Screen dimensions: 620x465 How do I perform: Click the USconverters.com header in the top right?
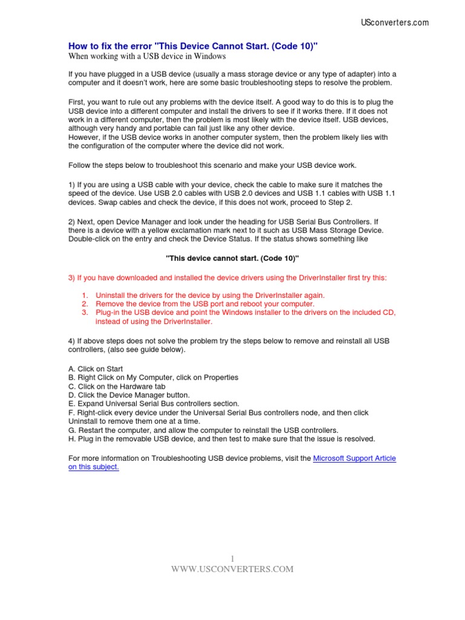[x=394, y=22]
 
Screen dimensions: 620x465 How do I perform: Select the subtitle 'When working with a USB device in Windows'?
[x=147, y=56]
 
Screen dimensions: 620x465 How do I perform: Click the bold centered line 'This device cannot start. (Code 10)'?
[x=232, y=258]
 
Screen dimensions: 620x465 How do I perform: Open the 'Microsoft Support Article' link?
[x=354, y=458]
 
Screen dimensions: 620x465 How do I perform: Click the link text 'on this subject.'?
[x=94, y=467]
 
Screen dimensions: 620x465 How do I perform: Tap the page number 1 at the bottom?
[x=232, y=558]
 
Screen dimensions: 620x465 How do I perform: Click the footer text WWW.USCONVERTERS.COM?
[x=232, y=569]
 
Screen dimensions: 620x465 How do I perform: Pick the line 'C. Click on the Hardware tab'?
[x=117, y=386]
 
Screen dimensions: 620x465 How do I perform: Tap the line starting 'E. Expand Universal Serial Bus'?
[x=154, y=403]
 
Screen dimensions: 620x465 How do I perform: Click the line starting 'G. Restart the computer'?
[x=203, y=430]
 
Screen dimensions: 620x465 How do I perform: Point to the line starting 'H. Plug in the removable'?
[x=222, y=438]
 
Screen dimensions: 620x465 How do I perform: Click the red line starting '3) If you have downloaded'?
[x=226, y=277]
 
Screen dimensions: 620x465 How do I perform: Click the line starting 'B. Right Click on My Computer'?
[x=153, y=377]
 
